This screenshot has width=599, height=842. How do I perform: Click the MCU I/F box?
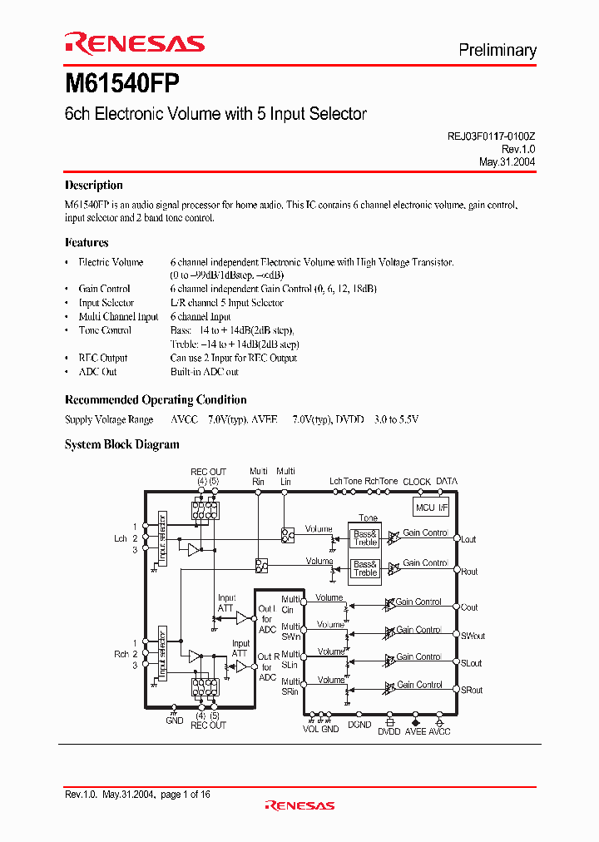click(431, 508)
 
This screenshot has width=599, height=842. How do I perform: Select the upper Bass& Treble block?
click(365, 537)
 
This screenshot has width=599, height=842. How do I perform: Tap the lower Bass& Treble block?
click(365, 568)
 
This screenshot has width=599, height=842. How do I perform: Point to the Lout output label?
click(468, 539)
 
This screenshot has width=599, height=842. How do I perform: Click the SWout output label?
click(473, 636)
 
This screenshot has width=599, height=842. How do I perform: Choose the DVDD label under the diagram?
click(389, 731)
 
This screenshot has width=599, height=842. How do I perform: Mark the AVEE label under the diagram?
click(414, 731)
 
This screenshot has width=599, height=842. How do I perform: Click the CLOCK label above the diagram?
click(417, 482)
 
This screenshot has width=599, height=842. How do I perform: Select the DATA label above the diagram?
click(447, 482)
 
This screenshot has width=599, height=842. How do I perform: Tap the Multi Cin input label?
click(290, 605)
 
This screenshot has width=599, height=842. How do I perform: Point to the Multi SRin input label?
click(290, 686)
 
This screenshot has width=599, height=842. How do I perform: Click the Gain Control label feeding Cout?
click(418, 602)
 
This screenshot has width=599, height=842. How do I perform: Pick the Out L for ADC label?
click(266, 619)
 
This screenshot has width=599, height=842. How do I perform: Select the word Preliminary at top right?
click(498, 50)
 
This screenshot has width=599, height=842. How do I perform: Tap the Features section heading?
click(87, 243)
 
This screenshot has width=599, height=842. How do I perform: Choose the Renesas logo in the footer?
click(299, 805)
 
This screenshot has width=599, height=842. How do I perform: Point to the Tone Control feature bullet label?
click(105, 330)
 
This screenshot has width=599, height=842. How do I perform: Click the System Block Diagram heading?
click(122, 444)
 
